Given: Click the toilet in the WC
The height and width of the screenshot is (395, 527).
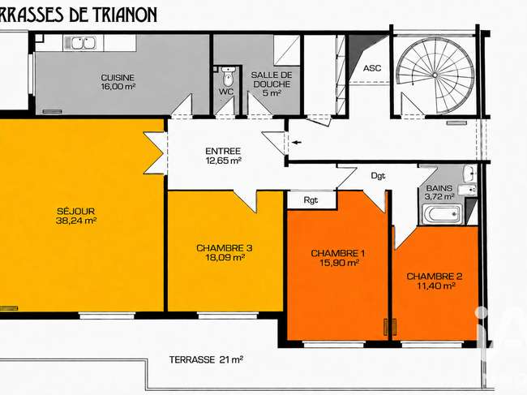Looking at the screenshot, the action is pos(228,76).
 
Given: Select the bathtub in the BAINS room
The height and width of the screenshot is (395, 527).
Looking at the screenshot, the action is pos(442,214).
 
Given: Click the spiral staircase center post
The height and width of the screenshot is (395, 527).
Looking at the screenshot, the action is pos(435,75).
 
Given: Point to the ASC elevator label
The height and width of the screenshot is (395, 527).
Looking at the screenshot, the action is pos(372,68).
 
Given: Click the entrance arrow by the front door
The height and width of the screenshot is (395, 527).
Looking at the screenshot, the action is pos(297,143).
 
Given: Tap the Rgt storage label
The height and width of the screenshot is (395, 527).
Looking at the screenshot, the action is pos(311,200).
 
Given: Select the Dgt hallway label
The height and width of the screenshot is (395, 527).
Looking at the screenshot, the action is pos(378,176).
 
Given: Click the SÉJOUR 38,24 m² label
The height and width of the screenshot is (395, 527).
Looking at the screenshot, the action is pos(77,216).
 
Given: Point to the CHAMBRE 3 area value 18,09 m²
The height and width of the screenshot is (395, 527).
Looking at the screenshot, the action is pos(225,258).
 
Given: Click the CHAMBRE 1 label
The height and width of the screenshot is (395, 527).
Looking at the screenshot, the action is pos(338,253).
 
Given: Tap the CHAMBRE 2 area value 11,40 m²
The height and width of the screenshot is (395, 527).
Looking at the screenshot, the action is pos(436,286).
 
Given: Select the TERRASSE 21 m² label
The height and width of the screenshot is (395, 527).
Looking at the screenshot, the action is pos(207,360).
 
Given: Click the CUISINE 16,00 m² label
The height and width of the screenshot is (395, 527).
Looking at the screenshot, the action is pos(118,82).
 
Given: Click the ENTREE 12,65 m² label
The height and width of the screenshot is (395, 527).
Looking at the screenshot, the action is pos(223,156).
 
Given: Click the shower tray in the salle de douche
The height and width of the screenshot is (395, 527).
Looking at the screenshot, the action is pos(286,50).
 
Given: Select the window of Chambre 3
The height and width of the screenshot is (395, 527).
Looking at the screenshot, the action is pos(228,316).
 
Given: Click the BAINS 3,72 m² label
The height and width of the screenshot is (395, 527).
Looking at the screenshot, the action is pos(439,192).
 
